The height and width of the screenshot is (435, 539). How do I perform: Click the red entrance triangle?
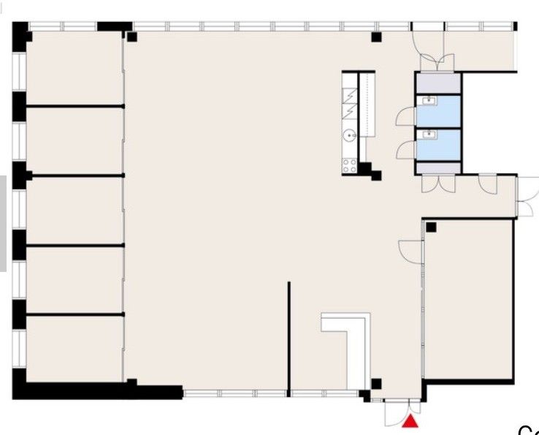coord(412,421)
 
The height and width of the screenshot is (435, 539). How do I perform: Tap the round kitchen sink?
coord(350,135)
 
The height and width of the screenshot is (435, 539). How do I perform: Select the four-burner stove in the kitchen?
coord(350,166)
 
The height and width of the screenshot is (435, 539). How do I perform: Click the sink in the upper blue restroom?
coord(430,102)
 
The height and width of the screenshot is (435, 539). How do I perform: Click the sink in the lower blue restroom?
coord(430,134)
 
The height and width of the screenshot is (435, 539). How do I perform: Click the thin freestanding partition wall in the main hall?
coord(289,336)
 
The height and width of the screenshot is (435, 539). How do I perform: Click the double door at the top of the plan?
coord(429,51)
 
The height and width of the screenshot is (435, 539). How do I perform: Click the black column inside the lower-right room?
coord(431,227)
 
